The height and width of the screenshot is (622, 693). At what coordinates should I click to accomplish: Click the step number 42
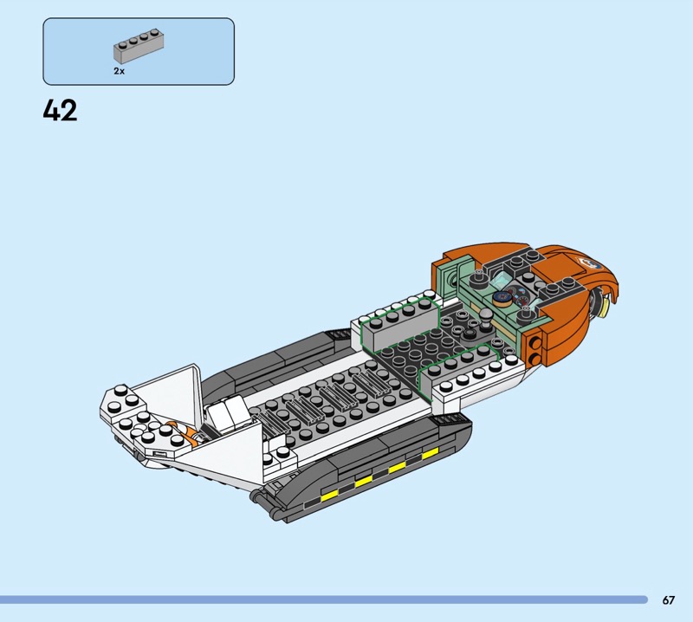click(x=60, y=110)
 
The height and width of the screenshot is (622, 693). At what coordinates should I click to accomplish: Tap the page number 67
click(x=668, y=599)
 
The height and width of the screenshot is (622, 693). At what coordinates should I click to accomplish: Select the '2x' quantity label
click(x=119, y=71)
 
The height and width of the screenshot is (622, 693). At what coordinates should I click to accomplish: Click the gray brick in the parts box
click(x=139, y=46)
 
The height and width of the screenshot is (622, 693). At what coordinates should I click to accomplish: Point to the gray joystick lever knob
click(x=487, y=316)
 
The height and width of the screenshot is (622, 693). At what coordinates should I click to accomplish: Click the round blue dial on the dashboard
click(x=501, y=297)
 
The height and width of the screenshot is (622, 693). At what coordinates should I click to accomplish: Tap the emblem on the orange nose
click(x=588, y=262)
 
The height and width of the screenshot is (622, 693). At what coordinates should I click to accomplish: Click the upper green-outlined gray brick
click(x=399, y=325)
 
